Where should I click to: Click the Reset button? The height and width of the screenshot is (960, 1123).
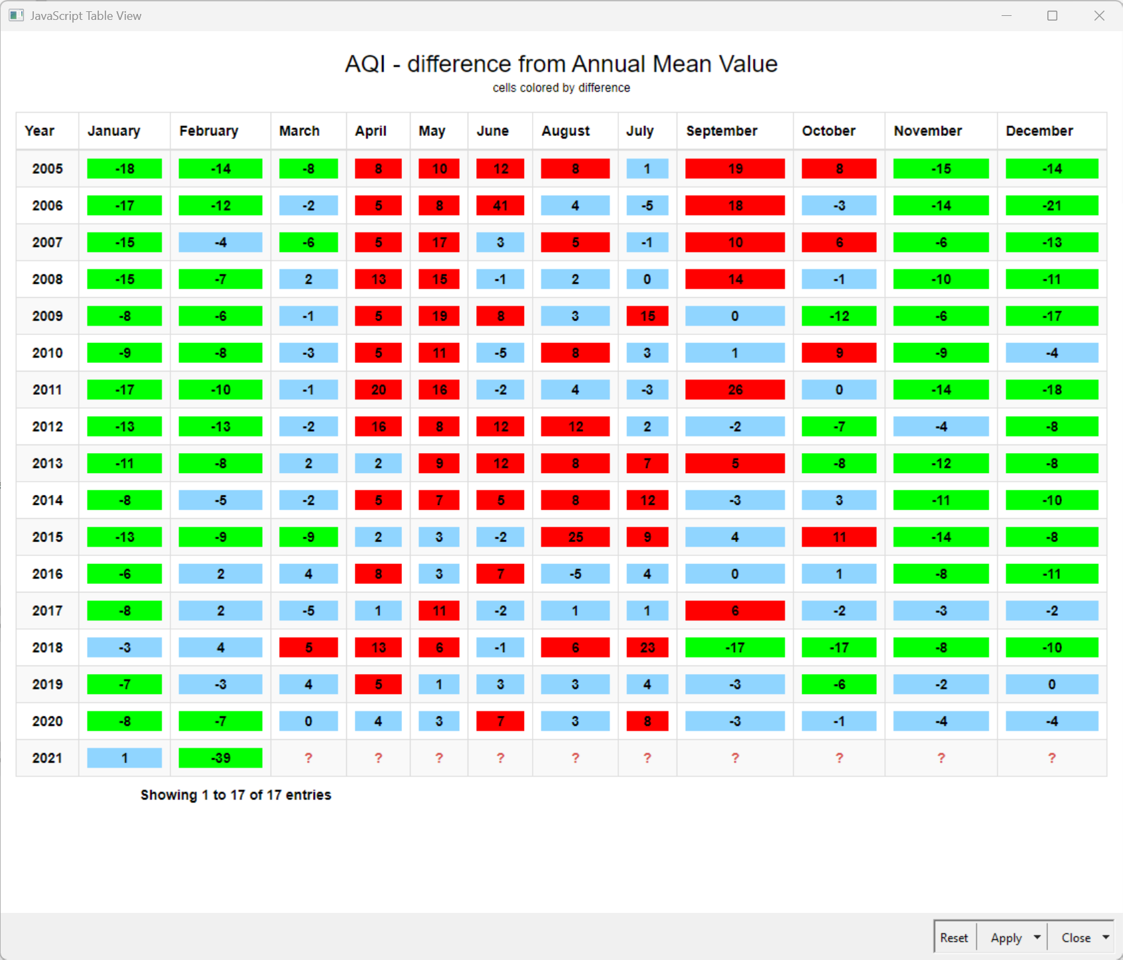[954, 937]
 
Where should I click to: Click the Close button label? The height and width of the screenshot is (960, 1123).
[1075, 937]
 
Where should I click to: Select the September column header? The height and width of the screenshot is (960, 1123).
[722, 131]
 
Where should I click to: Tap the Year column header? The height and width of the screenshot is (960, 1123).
[40, 131]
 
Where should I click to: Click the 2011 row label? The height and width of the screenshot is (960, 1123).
[48, 389]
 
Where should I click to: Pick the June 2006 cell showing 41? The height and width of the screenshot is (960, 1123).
[500, 206]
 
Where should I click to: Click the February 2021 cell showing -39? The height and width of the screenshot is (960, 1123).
[220, 758]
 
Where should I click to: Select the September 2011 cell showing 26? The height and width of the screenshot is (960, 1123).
[735, 389]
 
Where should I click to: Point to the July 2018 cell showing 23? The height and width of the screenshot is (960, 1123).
[647, 648]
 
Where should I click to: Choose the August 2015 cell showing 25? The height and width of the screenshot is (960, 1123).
[575, 537]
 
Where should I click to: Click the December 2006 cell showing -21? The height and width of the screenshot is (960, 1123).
[1051, 206]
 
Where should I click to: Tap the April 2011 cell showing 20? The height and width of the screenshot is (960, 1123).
[378, 389]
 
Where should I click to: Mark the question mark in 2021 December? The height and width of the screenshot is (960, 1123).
[1051, 758]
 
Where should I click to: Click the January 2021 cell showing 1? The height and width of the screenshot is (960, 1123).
[125, 758]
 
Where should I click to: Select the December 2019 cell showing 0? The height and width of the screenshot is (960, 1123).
[1051, 684]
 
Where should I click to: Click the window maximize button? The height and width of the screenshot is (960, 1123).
[1052, 16]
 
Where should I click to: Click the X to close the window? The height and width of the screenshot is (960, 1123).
[1099, 16]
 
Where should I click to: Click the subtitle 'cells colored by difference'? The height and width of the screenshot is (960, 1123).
[561, 88]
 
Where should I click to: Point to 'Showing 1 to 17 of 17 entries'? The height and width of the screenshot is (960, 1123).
[235, 795]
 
